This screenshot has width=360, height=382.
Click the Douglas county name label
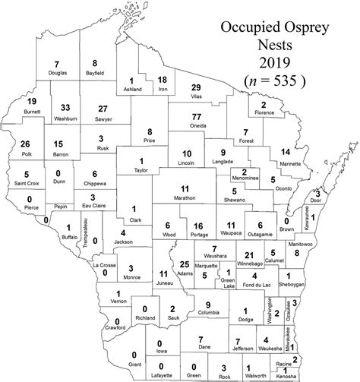57,72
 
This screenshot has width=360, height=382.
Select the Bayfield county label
95,72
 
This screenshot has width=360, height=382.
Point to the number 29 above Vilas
196,88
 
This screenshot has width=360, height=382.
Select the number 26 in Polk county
26,144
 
